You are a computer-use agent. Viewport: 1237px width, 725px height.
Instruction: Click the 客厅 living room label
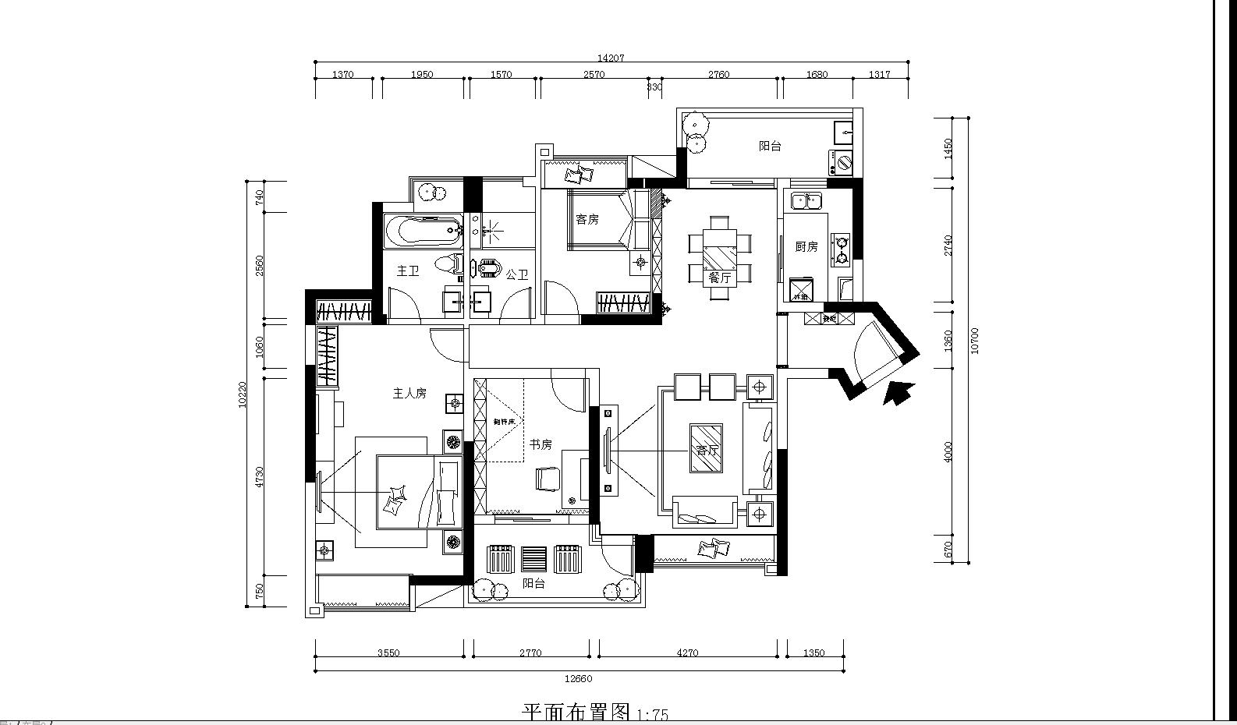(x=706, y=451)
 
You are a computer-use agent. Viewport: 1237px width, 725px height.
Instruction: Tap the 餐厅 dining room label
(x=719, y=278)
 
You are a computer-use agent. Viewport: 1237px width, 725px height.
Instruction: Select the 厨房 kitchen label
(x=806, y=246)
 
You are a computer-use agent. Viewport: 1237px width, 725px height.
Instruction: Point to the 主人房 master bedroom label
(x=409, y=394)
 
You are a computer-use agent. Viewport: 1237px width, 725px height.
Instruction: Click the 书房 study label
(x=541, y=444)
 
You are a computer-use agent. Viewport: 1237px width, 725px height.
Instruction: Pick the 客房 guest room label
(x=587, y=220)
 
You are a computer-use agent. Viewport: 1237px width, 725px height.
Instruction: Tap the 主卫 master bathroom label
(x=408, y=271)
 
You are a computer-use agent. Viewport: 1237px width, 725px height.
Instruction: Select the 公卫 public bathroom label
(x=516, y=274)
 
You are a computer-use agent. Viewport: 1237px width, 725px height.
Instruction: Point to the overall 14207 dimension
(x=610, y=58)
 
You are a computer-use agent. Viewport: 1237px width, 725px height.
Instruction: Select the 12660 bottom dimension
(x=578, y=678)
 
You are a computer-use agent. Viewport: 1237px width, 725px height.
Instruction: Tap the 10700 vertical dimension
(x=974, y=341)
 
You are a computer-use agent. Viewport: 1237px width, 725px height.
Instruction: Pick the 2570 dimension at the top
(x=594, y=75)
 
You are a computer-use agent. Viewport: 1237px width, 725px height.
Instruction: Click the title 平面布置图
(x=576, y=713)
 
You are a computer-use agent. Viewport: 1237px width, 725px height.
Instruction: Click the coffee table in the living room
(x=706, y=448)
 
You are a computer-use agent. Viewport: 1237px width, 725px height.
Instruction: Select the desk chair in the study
(x=547, y=478)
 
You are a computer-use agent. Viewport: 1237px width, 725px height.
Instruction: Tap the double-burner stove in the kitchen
(x=842, y=248)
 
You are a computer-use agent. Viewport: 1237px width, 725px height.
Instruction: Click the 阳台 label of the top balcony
(x=770, y=146)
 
